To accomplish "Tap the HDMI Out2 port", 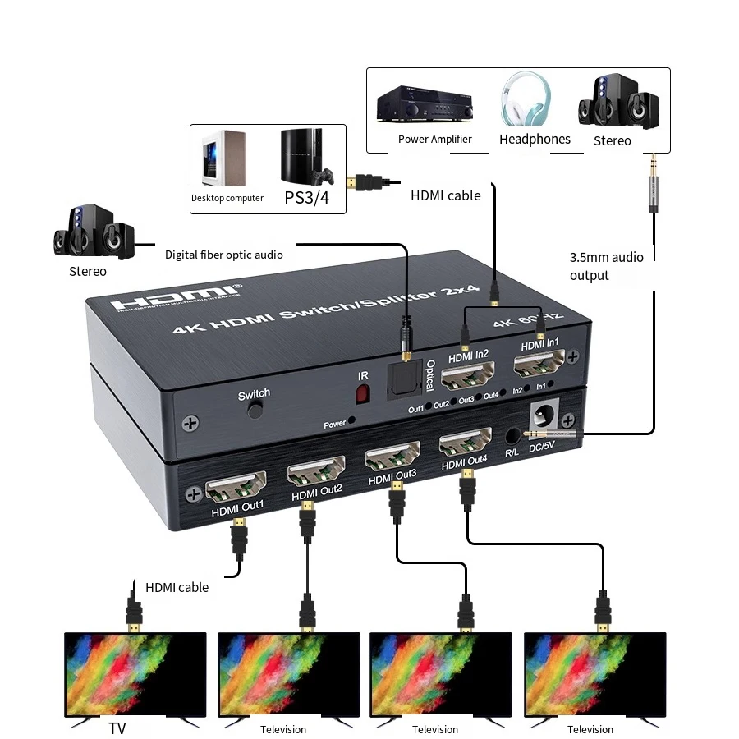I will click(x=315, y=470).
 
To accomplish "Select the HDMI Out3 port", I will click(x=392, y=456).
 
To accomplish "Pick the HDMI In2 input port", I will click(x=468, y=378).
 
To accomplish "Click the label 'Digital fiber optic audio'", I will click(x=224, y=255).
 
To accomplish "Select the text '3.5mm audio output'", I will click(x=606, y=266).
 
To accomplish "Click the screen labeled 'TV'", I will click(x=135, y=675).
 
